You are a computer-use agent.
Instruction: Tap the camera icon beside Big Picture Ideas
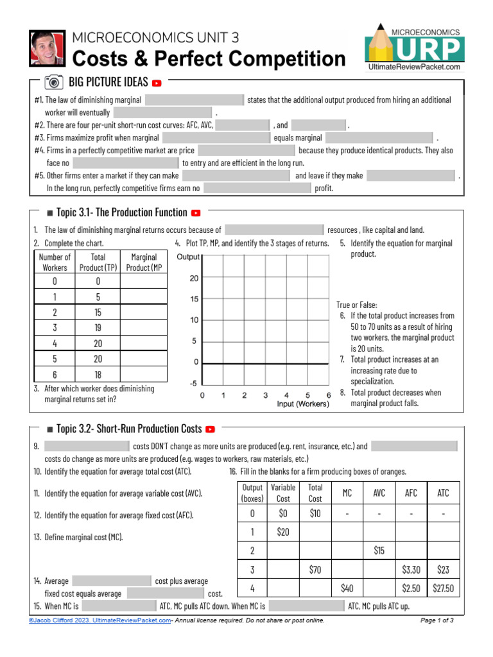tap(54, 82)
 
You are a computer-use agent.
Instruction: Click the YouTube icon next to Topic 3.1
tap(196, 213)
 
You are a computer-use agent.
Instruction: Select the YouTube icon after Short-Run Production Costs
tap(210, 429)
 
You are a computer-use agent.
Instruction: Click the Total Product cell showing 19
tap(98, 327)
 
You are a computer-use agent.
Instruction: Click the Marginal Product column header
tap(143, 262)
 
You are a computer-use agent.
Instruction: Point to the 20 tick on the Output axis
tap(194, 278)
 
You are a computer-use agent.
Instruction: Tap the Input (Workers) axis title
tap(303, 404)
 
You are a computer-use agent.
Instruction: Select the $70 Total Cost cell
tap(315, 569)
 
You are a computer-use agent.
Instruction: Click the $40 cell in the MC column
tap(347, 588)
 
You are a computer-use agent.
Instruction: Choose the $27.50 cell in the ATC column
tap(443, 588)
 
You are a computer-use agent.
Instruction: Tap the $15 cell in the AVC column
tap(379, 550)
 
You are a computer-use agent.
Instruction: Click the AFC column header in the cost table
tap(411, 493)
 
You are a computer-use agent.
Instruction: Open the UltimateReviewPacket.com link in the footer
tap(135, 620)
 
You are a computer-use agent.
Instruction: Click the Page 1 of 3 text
tap(437, 620)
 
